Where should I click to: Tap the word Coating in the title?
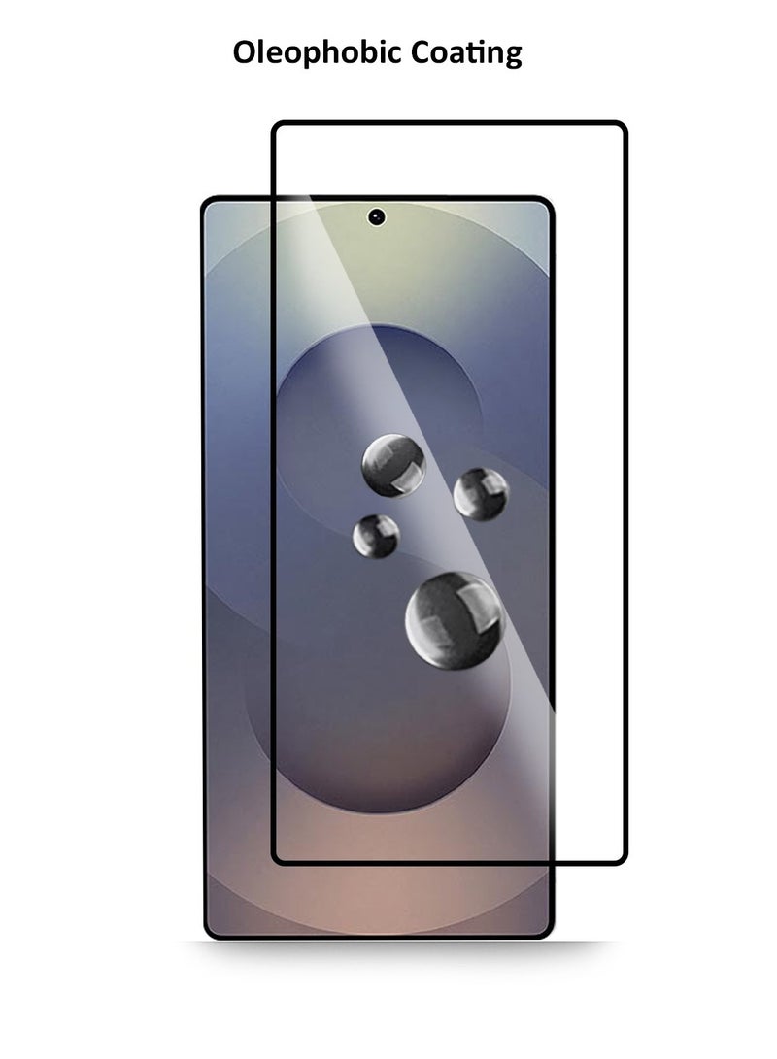point(466,53)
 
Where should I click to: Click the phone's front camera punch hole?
point(376,216)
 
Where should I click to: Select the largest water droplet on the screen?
point(455,620)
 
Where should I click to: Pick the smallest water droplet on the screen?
point(376,536)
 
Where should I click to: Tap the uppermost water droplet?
point(393,465)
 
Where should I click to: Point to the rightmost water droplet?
point(481,494)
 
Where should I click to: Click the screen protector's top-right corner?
point(625,123)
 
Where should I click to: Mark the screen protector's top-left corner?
point(273,123)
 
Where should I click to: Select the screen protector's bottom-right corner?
point(625,863)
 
